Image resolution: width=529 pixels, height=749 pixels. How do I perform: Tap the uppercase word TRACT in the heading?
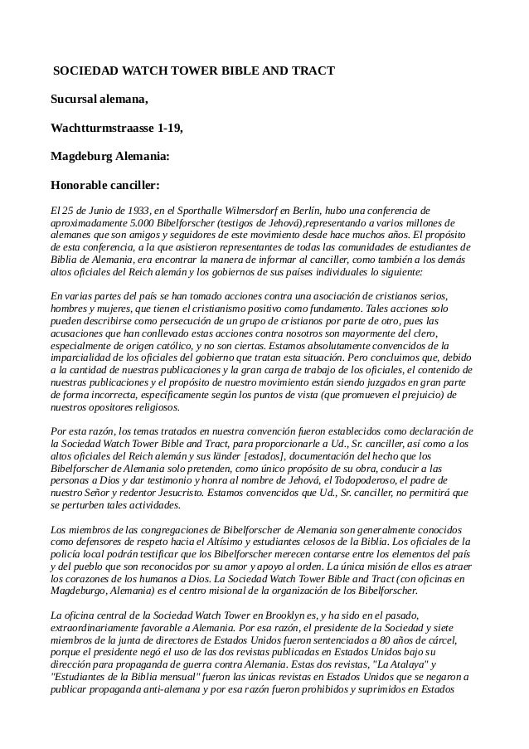(315, 72)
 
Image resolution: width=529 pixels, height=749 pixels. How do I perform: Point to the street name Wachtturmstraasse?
(100, 129)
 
